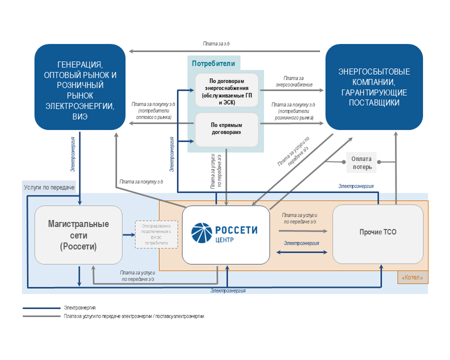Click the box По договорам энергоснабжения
pyautogui.click(x=226, y=90)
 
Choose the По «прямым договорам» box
pyautogui.click(x=226, y=129)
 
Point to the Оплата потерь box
pyautogui.click(x=362, y=162)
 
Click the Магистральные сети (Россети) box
pyautogui.click(x=78, y=234)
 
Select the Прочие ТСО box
pyautogui.click(x=377, y=233)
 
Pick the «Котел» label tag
pyautogui.click(x=412, y=277)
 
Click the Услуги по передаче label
pyautogui.click(x=49, y=187)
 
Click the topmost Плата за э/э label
pyautogui.click(x=216, y=44)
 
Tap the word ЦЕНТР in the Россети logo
pyautogui.click(x=225, y=239)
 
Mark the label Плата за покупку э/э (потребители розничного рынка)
pyautogui.click(x=293, y=111)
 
